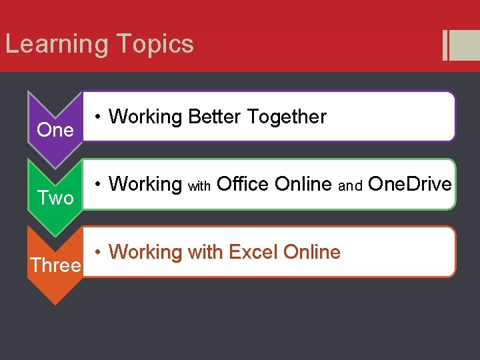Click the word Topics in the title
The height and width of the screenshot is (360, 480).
click(x=154, y=45)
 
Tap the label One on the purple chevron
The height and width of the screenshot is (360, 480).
click(x=55, y=130)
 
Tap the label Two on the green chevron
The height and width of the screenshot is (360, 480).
click(x=55, y=197)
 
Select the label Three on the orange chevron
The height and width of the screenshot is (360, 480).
click(x=55, y=265)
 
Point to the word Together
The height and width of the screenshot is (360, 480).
click(x=287, y=117)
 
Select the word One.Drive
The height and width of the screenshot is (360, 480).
click(x=409, y=183)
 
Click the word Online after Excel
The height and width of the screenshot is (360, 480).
click(x=311, y=252)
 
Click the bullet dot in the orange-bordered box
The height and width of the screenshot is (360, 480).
click(x=97, y=252)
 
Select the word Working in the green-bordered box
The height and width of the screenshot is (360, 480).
click(x=145, y=183)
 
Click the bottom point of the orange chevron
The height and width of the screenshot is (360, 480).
click(x=55, y=303)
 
